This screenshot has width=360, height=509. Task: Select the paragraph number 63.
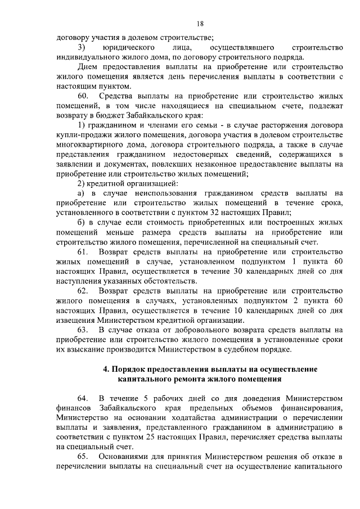[83, 328]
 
